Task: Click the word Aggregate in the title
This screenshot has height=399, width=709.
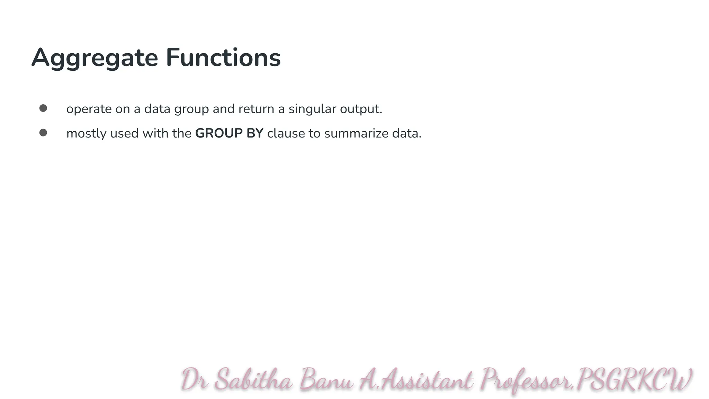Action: coord(95,58)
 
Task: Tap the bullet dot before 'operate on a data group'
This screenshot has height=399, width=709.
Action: coord(43,108)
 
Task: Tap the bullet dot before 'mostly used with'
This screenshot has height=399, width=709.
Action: coord(43,133)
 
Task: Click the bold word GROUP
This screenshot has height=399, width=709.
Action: coord(219,133)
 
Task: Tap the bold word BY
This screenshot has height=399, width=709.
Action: coord(255,133)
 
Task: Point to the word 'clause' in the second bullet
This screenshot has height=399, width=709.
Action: coord(286,133)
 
